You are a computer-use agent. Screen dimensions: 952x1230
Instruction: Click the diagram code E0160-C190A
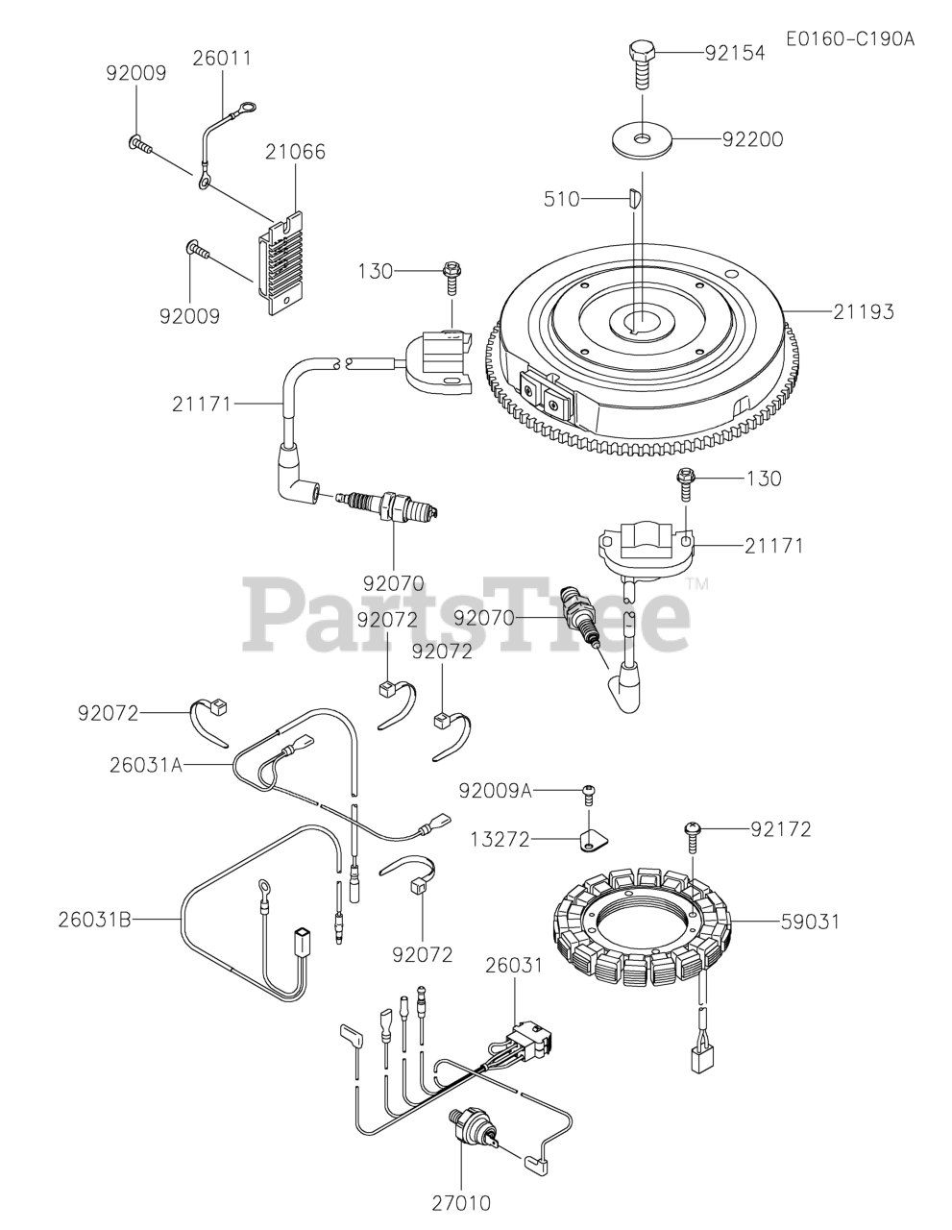849,39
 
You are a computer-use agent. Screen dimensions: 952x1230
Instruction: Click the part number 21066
295,152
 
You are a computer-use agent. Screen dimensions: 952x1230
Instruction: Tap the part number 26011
222,59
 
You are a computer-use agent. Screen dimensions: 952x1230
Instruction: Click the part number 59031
809,922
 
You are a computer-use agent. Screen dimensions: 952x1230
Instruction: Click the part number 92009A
495,791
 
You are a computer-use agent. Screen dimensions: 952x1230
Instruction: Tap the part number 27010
461,1202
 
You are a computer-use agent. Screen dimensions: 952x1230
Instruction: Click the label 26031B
92,920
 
